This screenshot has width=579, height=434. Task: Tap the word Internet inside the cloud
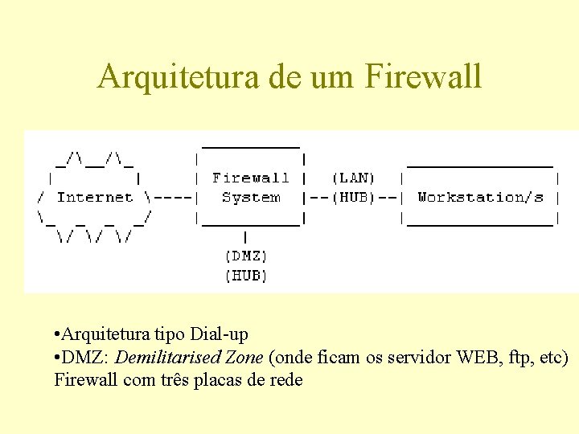tap(94, 197)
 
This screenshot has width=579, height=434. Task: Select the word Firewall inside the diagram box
tap(250, 178)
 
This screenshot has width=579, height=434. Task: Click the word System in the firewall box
tap(250, 197)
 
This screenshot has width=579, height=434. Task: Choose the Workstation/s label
tap(480, 197)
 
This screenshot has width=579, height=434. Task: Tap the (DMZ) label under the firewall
tap(245, 256)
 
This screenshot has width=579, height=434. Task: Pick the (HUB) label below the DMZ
tap(245, 276)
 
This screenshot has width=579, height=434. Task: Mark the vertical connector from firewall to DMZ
tap(245, 237)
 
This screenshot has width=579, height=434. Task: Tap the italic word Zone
tap(244, 357)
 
